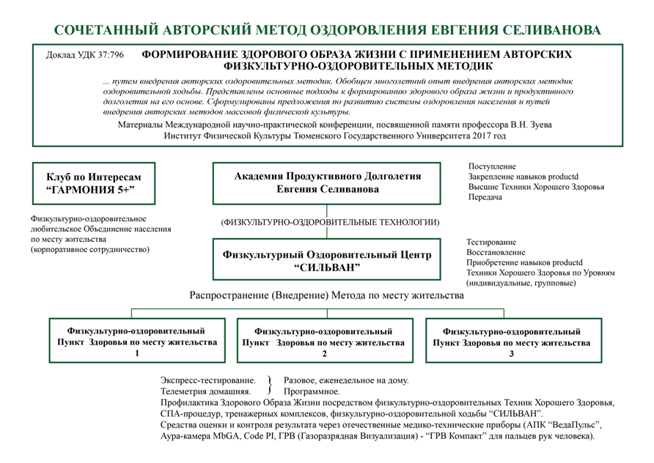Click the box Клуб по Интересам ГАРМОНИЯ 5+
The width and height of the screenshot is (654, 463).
(x=94, y=184)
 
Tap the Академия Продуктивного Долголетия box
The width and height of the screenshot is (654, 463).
(x=327, y=183)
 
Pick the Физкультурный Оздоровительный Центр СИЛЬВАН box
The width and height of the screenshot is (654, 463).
(x=327, y=261)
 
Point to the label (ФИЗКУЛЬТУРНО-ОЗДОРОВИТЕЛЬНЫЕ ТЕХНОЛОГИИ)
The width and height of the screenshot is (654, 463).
(x=327, y=222)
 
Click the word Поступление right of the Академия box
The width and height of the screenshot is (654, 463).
(x=492, y=167)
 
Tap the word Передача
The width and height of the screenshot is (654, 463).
(x=485, y=198)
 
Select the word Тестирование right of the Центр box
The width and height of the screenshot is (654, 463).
(x=491, y=242)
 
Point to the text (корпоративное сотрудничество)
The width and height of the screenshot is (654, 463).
(x=90, y=250)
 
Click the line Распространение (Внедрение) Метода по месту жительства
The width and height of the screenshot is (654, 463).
(x=327, y=297)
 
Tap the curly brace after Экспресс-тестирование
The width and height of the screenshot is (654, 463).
(x=270, y=386)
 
